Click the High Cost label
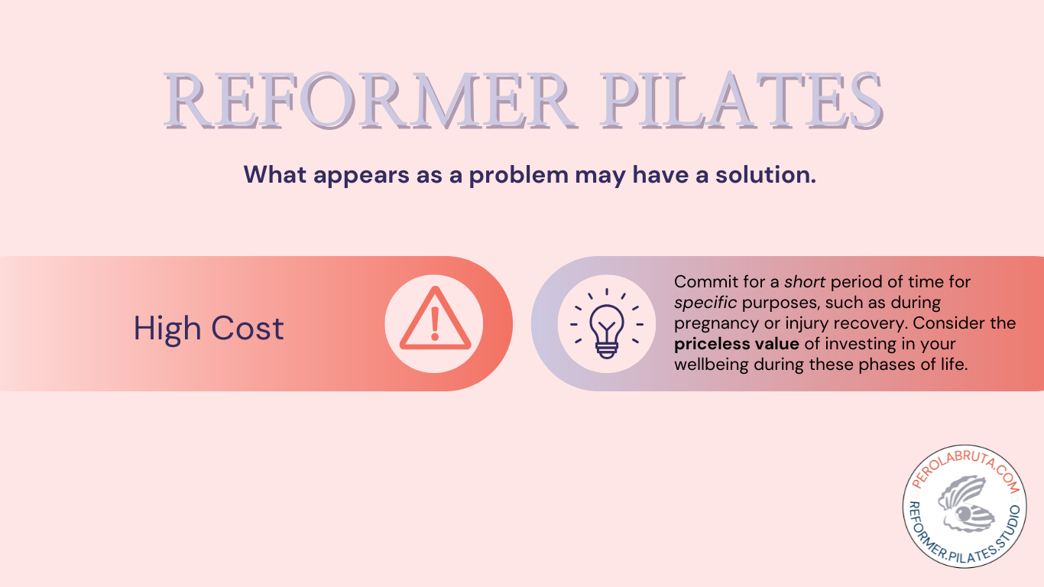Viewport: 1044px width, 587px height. click(209, 328)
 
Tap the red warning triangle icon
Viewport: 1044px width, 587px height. click(434, 323)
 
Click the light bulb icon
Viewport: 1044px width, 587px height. click(607, 323)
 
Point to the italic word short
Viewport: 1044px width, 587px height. click(805, 282)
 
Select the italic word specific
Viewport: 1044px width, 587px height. click(705, 303)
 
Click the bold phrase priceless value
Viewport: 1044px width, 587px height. click(736, 344)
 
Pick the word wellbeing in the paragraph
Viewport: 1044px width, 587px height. click(711, 365)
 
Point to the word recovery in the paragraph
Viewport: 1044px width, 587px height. click(856, 323)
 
